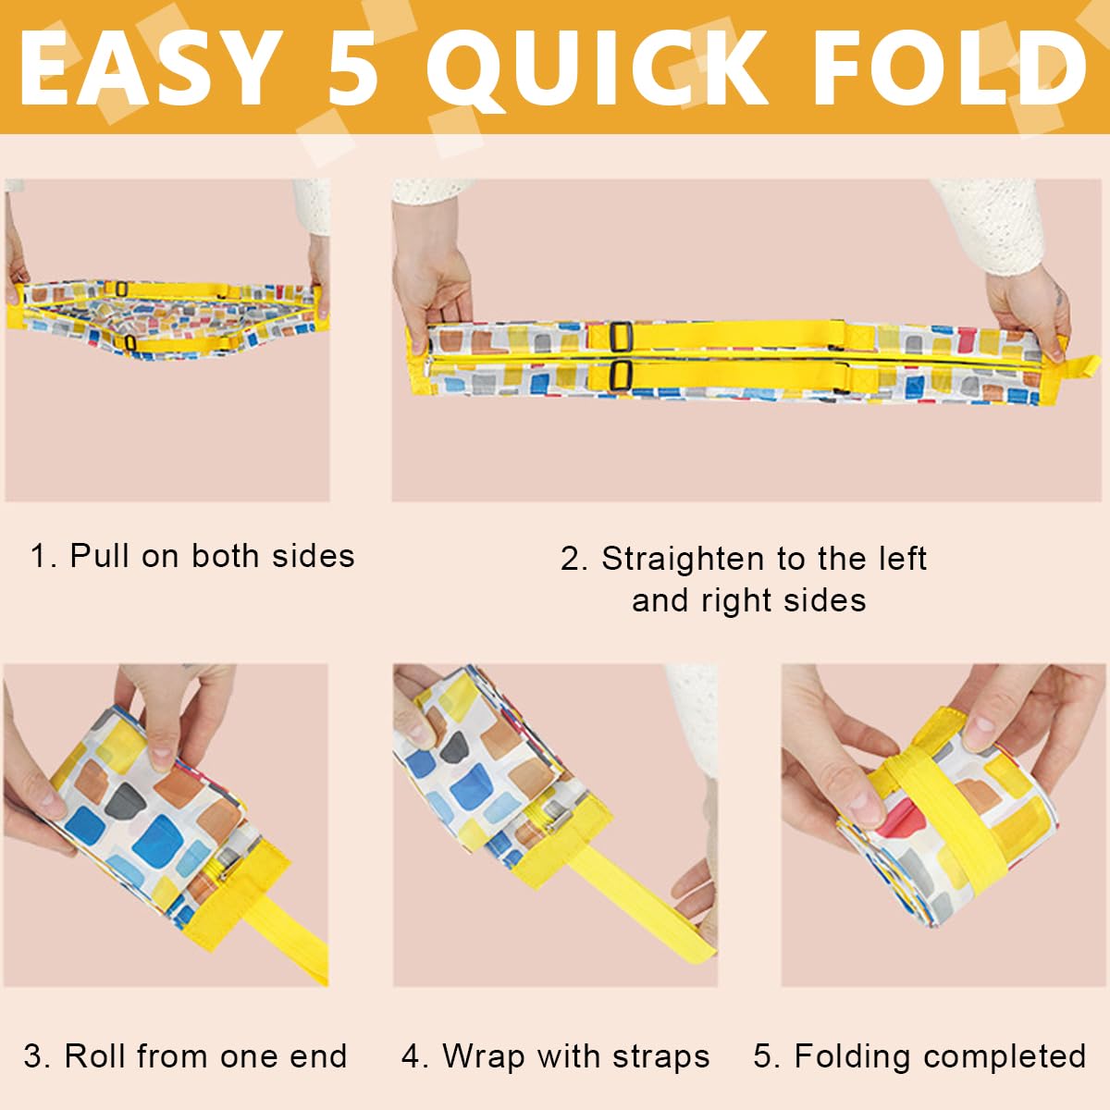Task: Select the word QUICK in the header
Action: point(598,69)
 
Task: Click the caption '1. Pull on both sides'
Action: point(192,556)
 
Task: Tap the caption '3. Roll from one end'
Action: point(186,1055)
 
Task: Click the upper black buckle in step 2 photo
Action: point(621,337)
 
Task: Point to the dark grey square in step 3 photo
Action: point(123,802)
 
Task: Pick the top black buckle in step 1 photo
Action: point(121,288)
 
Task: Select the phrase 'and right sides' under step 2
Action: point(749,601)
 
